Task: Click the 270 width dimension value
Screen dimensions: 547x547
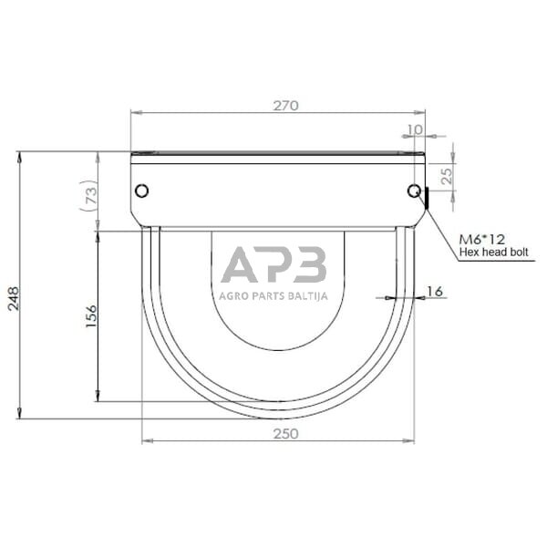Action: tap(285, 106)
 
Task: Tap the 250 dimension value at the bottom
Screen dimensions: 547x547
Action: tap(285, 434)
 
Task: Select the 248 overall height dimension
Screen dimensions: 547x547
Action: tap(14, 299)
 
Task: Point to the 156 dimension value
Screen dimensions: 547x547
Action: tap(91, 315)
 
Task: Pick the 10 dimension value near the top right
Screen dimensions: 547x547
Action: tap(415, 129)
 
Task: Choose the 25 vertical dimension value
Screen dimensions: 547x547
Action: tap(447, 176)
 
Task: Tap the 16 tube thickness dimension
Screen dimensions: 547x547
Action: tap(435, 291)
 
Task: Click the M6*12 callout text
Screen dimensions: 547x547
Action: tap(481, 239)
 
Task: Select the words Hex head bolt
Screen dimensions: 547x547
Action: tap(493, 252)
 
